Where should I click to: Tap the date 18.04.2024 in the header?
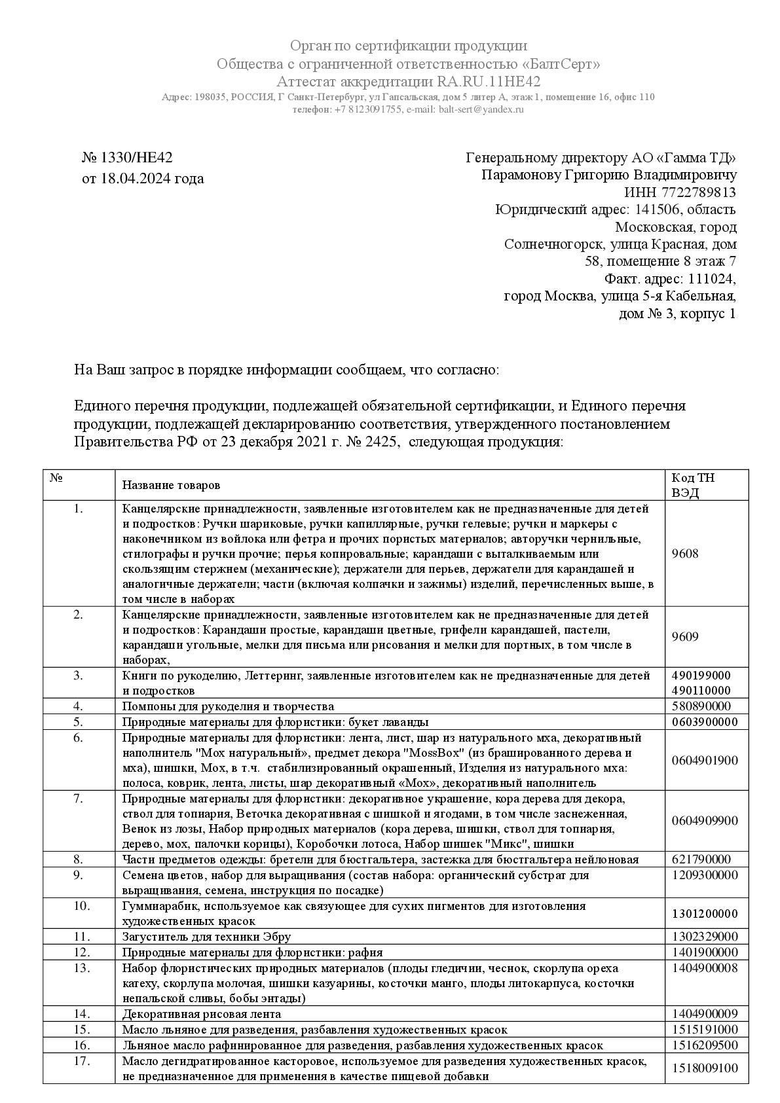[x=143, y=178]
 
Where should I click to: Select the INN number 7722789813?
[x=698, y=192]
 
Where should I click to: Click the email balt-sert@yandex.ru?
[x=481, y=109]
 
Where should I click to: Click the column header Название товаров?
[x=171, y=485]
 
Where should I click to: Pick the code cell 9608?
[x=685, y=553]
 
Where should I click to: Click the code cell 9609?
[x=685, y=636]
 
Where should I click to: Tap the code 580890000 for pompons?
[x=701, y=706]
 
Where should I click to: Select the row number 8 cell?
[x=79, y=859]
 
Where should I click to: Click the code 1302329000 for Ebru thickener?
[x=705, y=936]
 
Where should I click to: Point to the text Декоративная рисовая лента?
[x=202, y=1014]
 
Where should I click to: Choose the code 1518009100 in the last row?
[x=705, y=1068]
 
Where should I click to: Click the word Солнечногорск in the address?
[x=554, y=244]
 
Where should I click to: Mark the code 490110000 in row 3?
[x=701, y=690]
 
